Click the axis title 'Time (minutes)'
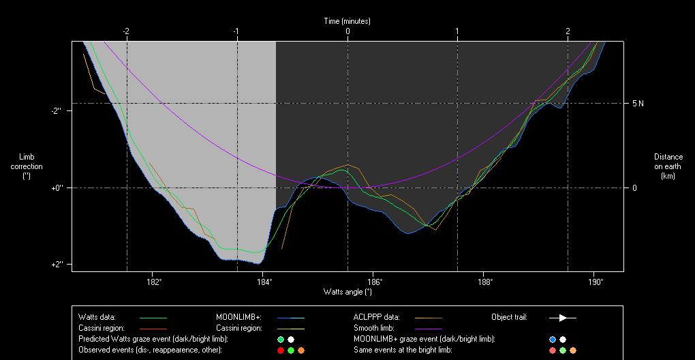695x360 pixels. (347, 21)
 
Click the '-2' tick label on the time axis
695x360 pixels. (126, 31)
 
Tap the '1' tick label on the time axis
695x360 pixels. (457, 31)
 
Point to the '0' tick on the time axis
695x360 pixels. (347, 31)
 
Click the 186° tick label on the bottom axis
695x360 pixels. (374, 281)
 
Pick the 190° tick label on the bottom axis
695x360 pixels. (594, 281)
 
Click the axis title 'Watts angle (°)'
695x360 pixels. (347, 292)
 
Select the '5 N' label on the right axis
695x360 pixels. (638, 104)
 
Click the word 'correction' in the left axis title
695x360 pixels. (27, 166)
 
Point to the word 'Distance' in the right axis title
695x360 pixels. (668, 157)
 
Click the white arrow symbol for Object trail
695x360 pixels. (563, 317)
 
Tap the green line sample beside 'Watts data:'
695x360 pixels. (153, 317)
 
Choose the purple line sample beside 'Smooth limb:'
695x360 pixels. (428, 328)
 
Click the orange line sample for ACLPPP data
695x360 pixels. (428, 317)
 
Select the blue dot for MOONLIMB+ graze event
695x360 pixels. (553, 339)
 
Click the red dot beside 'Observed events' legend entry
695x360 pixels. (280, 350)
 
